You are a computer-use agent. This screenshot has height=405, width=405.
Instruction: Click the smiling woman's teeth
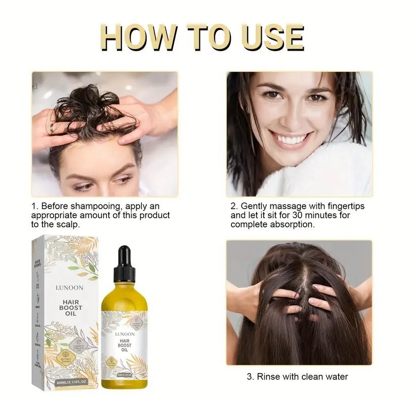tap(299, 140)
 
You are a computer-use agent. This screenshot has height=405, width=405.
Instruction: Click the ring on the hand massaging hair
tap(52, 129)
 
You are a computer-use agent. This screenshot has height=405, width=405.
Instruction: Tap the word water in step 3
tap(336, 377)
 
